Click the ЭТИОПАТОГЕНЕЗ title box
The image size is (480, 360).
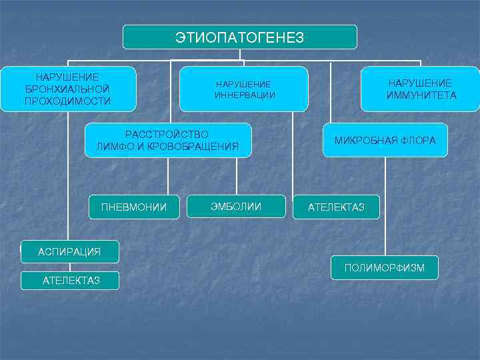[x=239, y=37]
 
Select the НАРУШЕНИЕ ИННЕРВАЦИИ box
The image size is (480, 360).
[x=243, y=89]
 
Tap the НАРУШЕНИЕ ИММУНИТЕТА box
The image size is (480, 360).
[x=420, y=89]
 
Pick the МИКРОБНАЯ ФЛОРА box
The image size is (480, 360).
[x=385, y=141]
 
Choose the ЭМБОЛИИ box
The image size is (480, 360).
[x=235, y=206]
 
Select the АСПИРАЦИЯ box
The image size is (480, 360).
[x=69, y=251]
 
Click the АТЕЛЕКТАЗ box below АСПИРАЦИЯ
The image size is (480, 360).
[x=71, y=281]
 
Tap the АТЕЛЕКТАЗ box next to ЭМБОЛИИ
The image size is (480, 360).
[x=336, y=207]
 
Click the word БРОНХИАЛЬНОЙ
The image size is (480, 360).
[x=67, y=89]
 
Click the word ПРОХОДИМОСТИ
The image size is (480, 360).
[x=67, y=101]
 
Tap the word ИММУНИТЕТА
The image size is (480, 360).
[x=421, y=95]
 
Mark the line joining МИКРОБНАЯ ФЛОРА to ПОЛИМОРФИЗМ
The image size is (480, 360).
[x=385, y=207]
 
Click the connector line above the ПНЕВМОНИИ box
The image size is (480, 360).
[x=168, y=176]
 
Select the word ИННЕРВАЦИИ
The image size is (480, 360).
[x=244, y=95]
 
